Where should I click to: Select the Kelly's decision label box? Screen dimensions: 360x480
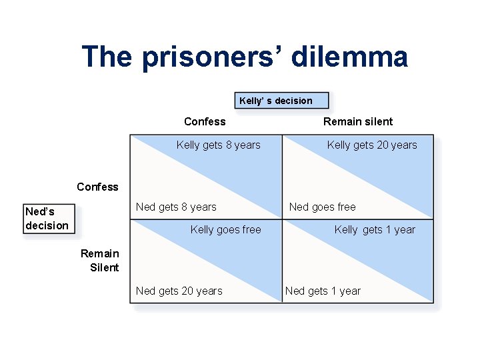[281, 101]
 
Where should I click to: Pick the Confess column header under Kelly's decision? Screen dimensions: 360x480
[205, 121]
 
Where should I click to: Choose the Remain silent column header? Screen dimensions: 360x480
[358, 121]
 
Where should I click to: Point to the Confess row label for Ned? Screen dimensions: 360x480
[97, 187]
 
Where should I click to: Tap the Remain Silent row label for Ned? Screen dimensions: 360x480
[100, 260]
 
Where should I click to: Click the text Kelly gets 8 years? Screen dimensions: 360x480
[218, 145]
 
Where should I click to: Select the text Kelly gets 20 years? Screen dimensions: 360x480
[371, 145]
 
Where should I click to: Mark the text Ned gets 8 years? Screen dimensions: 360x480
[176, 207]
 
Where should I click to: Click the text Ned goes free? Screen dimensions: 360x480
[322, 207]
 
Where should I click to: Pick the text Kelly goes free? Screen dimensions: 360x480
[225, 229]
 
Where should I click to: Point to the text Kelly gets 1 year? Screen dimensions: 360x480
[374, 229]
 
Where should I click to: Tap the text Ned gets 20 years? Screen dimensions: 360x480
[179, 291]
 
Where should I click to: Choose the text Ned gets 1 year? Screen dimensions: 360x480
[323, 291]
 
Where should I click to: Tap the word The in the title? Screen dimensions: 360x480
[107, 57]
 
